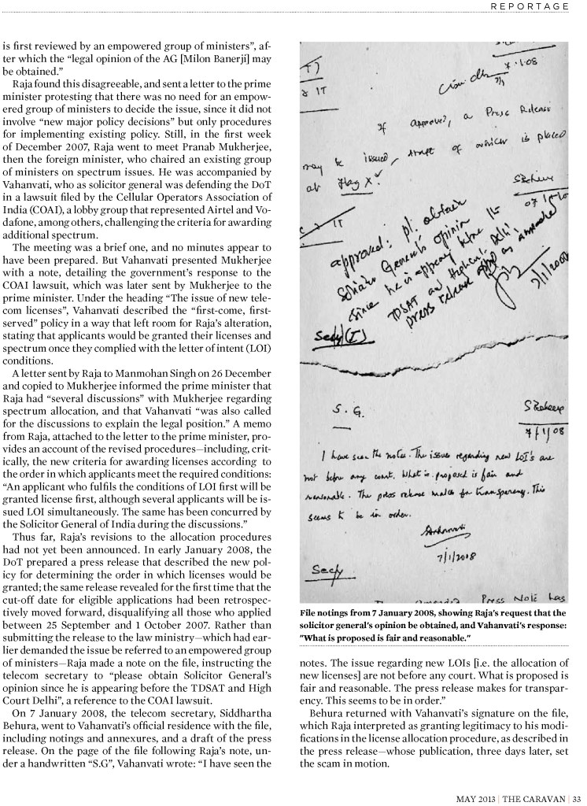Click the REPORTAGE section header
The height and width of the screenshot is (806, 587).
tap(530, 6)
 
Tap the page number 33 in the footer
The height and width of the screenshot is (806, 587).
tap(576, 796)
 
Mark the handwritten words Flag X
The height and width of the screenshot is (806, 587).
tap(351, 183)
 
